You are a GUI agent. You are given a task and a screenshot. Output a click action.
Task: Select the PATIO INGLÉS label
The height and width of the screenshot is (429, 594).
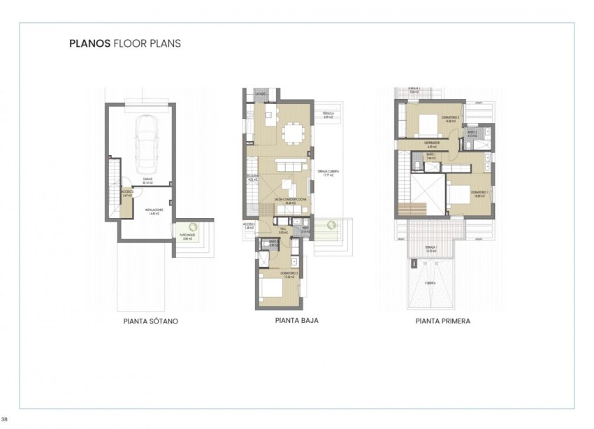point(187,236)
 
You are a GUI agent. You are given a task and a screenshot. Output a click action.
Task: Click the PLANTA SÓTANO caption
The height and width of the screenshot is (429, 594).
point(150,322)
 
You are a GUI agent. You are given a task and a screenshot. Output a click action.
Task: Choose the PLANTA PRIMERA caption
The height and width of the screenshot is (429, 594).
point(442,322)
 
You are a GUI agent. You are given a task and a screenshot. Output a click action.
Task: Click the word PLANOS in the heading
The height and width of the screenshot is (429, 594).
point(89,43)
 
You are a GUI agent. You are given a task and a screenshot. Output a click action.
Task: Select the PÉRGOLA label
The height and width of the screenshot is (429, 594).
point(328,114)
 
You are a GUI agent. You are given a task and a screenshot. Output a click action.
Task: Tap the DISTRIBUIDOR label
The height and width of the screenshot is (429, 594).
point(432,143)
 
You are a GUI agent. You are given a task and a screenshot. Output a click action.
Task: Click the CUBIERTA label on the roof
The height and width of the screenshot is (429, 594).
point(430,283)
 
